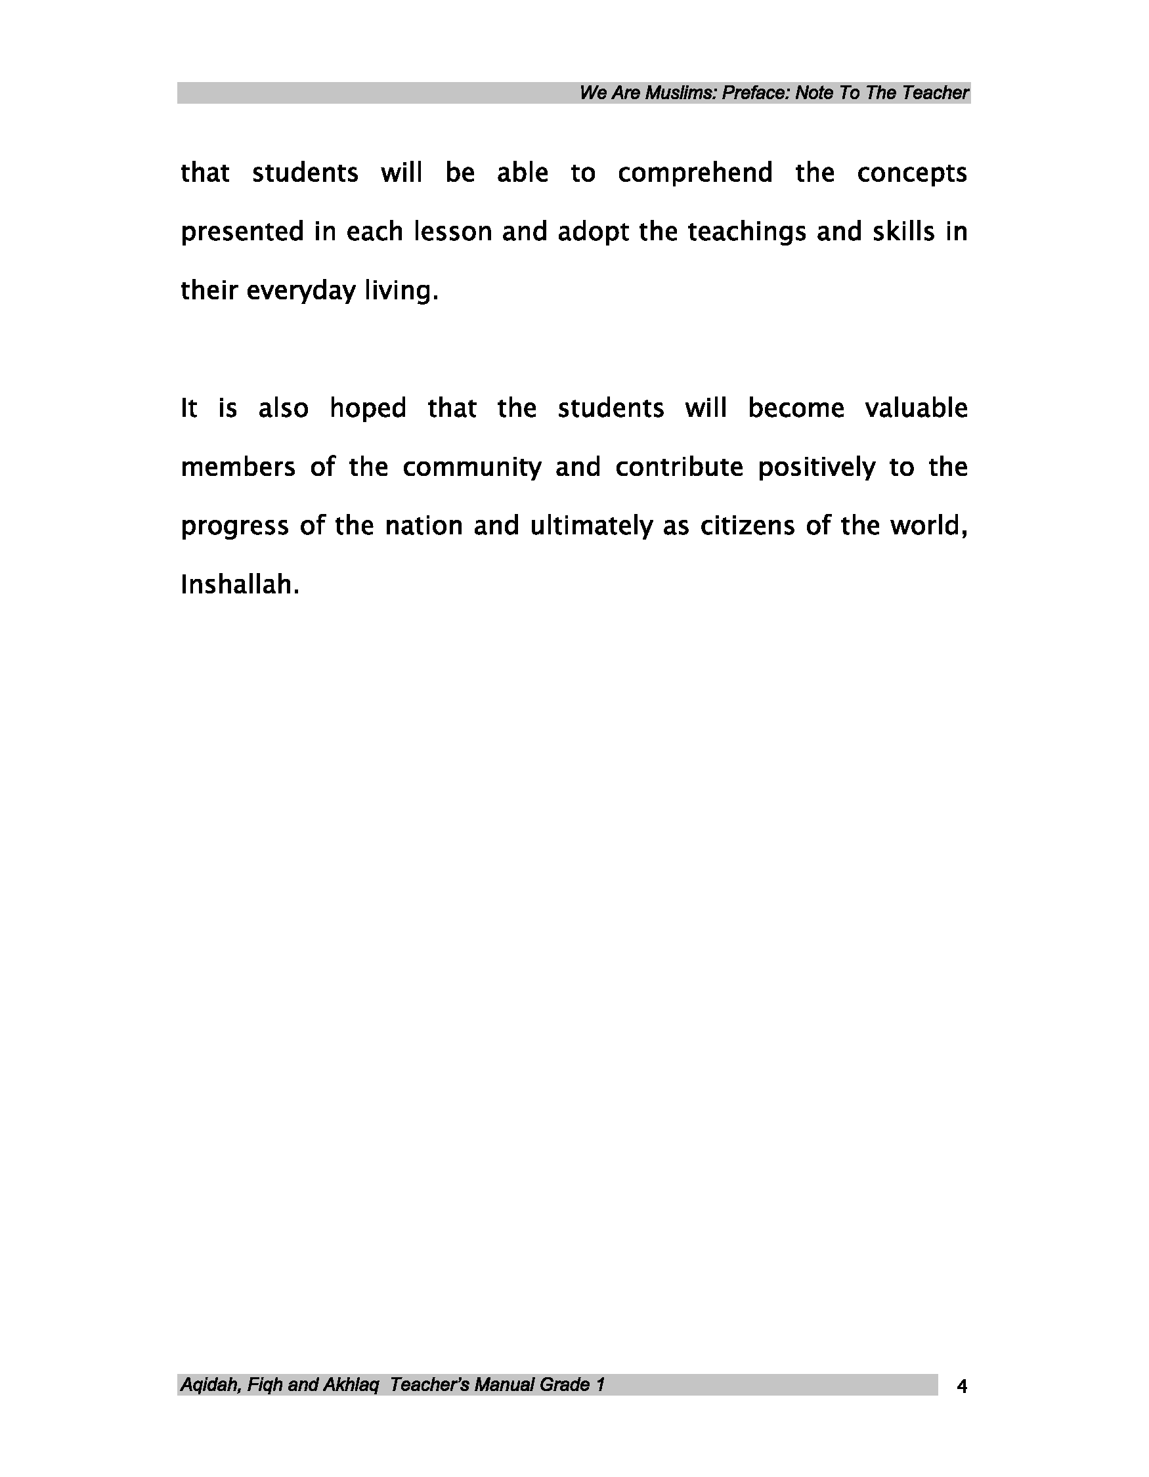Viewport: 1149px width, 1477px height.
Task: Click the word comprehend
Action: point(695,174)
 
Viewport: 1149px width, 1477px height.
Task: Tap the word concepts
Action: point(911,174)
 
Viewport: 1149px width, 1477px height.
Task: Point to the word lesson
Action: point(452,232)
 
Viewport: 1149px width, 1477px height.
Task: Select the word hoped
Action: point(367,409)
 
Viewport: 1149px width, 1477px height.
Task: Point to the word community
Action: point(472,468)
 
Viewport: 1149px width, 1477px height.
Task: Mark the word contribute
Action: point(679,468)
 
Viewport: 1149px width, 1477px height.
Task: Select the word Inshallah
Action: point(240,586)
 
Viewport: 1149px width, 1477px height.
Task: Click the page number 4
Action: point(962,1388)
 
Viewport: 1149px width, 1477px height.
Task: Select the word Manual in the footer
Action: point(504,1386)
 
